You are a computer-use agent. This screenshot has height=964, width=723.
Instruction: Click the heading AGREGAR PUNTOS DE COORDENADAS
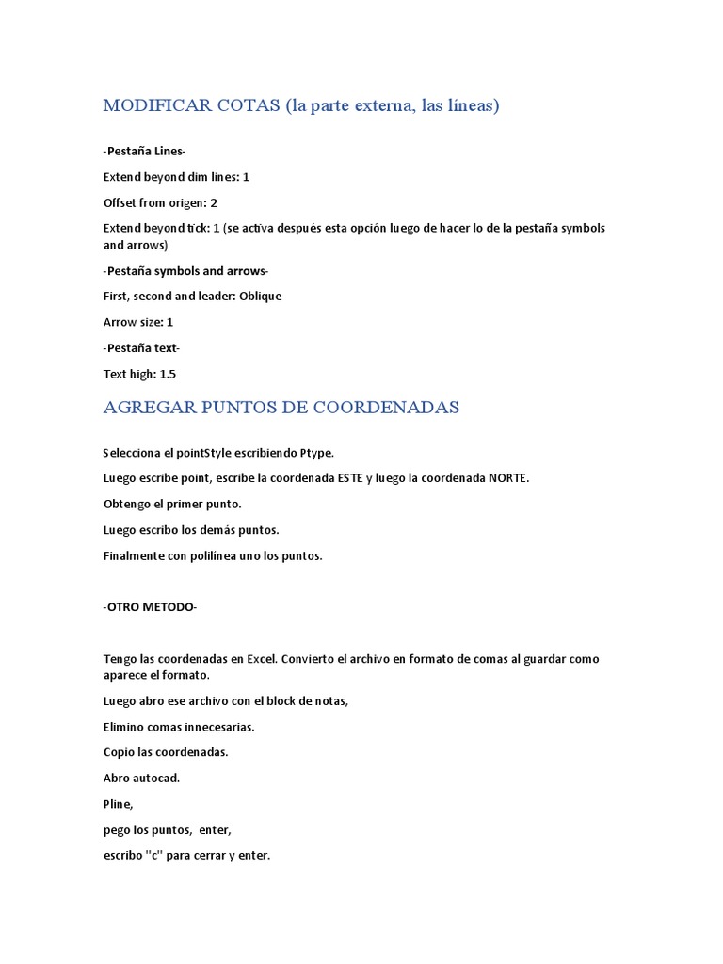pos(281,407)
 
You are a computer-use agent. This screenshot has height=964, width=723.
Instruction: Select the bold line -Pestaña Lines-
pos(144,151)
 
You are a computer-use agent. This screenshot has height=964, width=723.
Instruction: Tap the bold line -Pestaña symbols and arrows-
pos(185,271)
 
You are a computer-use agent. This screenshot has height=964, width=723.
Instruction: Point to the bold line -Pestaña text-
pos(141,347)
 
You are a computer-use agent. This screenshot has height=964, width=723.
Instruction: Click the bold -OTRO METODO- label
pos(150,607)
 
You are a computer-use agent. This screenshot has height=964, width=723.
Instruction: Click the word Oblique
pos(260,296)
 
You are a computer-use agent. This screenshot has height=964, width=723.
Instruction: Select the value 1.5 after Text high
pos(168,374)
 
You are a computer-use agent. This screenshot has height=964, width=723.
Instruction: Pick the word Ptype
pos(316,453)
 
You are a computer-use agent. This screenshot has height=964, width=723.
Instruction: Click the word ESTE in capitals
pos(350,478)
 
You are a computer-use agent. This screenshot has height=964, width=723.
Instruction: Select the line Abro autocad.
pos(141,778)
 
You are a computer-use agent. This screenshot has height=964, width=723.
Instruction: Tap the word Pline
pos(118,804)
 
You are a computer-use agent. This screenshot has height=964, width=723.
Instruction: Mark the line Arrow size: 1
pos(137,322)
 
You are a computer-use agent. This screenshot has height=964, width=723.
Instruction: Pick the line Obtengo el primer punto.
pos(172,504)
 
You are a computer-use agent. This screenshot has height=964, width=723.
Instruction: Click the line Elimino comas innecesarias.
pos(179,727)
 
